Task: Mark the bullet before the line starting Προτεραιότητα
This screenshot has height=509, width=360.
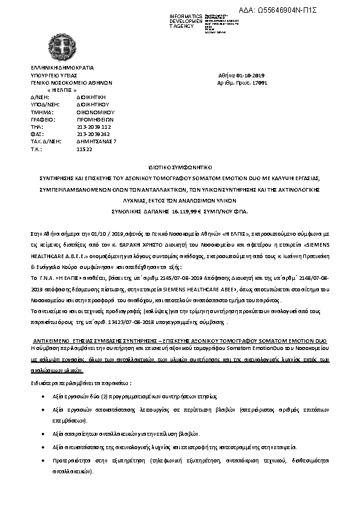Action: [x=40, y=460]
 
